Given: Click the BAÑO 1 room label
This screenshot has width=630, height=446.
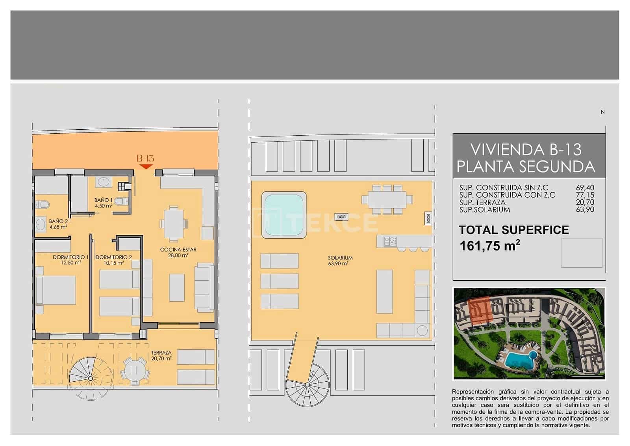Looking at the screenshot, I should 103,200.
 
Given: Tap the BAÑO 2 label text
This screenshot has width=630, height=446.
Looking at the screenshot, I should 58,222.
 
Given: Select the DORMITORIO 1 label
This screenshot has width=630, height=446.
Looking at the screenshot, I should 70,257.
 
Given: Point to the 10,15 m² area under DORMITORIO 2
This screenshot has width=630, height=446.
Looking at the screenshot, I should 114,263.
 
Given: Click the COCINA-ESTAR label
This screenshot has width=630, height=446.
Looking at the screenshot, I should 178,250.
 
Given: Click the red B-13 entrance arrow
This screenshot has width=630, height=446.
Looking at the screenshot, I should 146,167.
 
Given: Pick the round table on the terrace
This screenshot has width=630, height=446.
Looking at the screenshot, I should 134,370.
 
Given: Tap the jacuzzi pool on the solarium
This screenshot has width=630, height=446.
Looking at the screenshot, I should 284,215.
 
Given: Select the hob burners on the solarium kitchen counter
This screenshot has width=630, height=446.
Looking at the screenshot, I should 390,241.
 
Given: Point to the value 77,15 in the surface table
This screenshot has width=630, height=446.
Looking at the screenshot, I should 585,195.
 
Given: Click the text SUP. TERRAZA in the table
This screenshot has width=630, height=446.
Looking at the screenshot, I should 482,202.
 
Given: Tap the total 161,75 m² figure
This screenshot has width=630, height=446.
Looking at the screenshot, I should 489,246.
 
